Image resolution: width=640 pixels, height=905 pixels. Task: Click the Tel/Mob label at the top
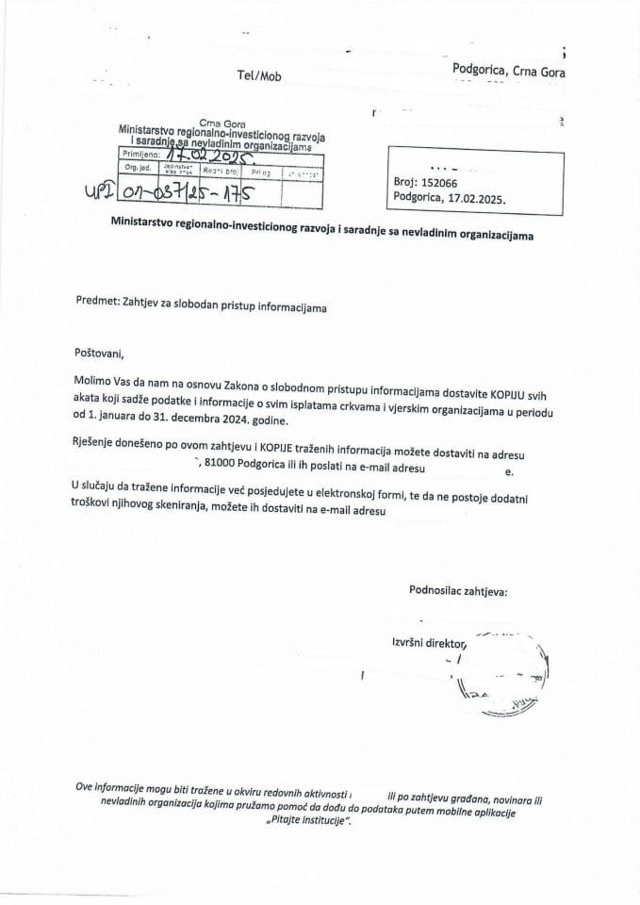click(x=259, y=76)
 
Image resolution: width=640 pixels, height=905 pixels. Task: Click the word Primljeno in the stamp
click(x=139, y=154)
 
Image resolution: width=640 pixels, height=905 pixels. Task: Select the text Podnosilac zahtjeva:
click(x=457, y=591)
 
